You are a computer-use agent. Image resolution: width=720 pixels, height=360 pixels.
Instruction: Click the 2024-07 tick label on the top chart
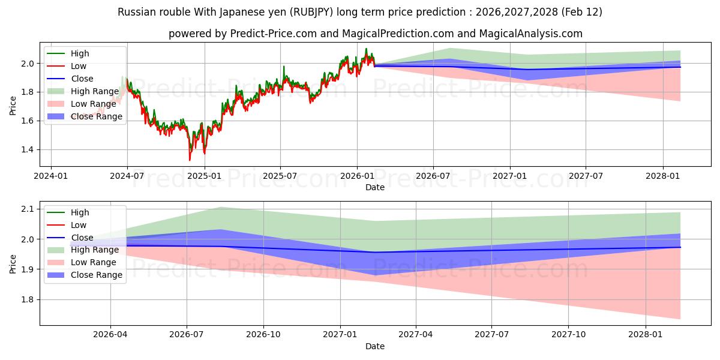point(127,177)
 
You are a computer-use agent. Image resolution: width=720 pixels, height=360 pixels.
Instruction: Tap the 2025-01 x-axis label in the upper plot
point(204,177)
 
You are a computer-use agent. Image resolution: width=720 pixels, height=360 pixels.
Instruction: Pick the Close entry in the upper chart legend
point(82,79)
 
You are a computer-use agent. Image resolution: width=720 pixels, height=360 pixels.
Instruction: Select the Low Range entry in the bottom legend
point(93,262)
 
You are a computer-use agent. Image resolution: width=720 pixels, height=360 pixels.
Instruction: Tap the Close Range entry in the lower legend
point(96,275)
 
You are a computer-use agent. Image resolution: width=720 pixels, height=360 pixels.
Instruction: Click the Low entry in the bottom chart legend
point(79,225)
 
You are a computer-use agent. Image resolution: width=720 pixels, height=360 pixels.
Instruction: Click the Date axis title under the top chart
point(375,188)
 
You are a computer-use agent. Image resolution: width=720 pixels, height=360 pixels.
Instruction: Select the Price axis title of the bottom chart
point(13,263)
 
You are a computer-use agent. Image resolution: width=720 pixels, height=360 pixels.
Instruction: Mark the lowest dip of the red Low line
point(190,160)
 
